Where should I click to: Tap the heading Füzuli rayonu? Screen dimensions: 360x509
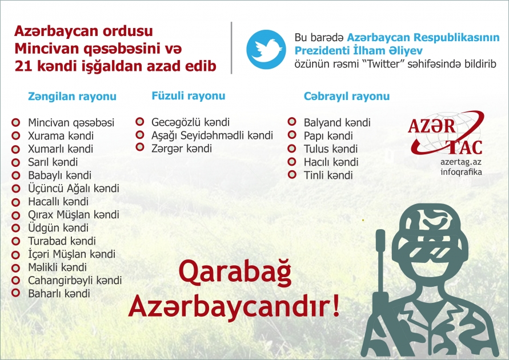pyautogui.click(x=188, y=96)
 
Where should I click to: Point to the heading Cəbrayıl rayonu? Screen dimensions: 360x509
pyautogui.click(x=347, y=97)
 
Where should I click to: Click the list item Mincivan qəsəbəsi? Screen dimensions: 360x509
pyautogui.click(x=71, y=123)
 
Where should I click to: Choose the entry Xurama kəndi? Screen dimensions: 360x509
pyautogui.click(x=61, y=136)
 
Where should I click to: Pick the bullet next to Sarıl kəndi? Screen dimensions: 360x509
pyautogui.click(x=16, y=162)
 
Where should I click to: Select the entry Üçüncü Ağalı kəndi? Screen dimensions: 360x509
pyautogui.click(x=74, y=189)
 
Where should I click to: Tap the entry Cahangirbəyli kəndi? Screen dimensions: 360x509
pyautogui.click(x=75, y=281)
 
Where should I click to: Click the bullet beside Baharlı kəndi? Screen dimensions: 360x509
pyautogui.click(x=16, y=294)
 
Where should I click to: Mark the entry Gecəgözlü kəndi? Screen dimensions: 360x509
pyautogui.click(x=190, y=122)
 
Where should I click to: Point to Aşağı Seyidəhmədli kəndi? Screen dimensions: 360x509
pyautogui.click(x=212, y=135)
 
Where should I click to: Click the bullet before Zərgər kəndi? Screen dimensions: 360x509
pyautogui.click(x=140, y=149)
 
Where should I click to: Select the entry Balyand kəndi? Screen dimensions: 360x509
pyautogui.click(x=337, y=123)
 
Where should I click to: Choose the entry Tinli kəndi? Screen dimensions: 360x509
pyautogui.click(x=328, y=175)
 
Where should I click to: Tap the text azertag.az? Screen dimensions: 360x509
pyautogui.click(x=461, y=162)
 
